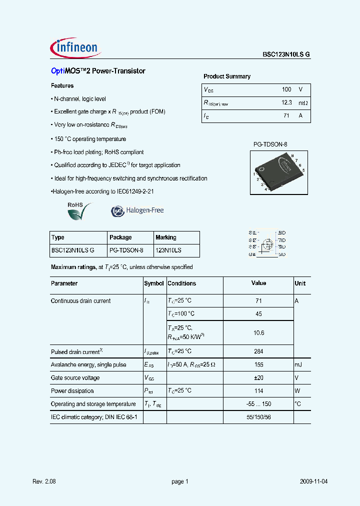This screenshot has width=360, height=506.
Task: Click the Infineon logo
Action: point(76,48)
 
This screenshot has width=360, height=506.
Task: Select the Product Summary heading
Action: point(227,76)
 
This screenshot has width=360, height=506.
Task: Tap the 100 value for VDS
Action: point(286,89)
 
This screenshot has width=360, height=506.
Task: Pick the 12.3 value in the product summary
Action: point(286,102)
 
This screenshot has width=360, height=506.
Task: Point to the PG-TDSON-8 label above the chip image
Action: point(270,144)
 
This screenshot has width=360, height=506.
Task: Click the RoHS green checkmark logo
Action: point(79,211)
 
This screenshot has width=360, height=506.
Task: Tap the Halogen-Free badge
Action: point(137,211)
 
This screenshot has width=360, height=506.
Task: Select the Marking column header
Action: point(166,237)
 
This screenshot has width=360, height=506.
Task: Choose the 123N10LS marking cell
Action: point(168,250)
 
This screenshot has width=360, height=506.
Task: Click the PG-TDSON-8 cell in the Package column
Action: point(126,250)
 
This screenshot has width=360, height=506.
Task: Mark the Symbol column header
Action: point(154,283)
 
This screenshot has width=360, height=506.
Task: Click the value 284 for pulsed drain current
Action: point(258,351)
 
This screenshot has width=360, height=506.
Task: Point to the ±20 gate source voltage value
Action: point(258,378)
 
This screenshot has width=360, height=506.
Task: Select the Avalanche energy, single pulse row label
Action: point(88,365)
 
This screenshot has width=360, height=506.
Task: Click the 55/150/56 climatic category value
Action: point(258,417)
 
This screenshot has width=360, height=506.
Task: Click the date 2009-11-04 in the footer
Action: point(314,481)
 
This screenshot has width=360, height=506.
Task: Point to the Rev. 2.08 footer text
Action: point(43,481)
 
